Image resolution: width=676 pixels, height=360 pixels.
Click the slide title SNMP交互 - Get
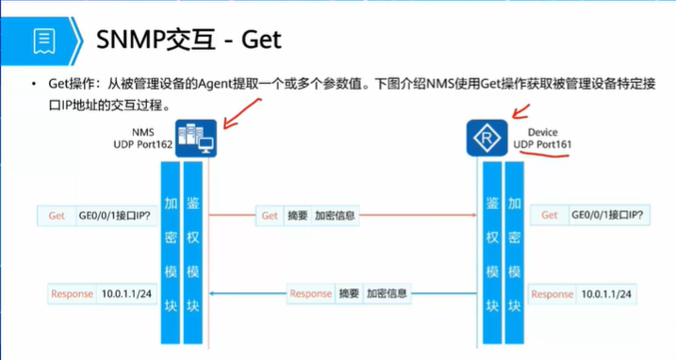click(x=190, y=41)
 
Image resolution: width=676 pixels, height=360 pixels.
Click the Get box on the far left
click(x=57, y=216)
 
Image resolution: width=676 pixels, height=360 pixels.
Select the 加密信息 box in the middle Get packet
click(x=335, y=216)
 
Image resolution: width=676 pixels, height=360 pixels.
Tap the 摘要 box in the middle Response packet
click(x=349, y=294)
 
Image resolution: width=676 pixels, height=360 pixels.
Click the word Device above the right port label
click(x=542, y=132)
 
